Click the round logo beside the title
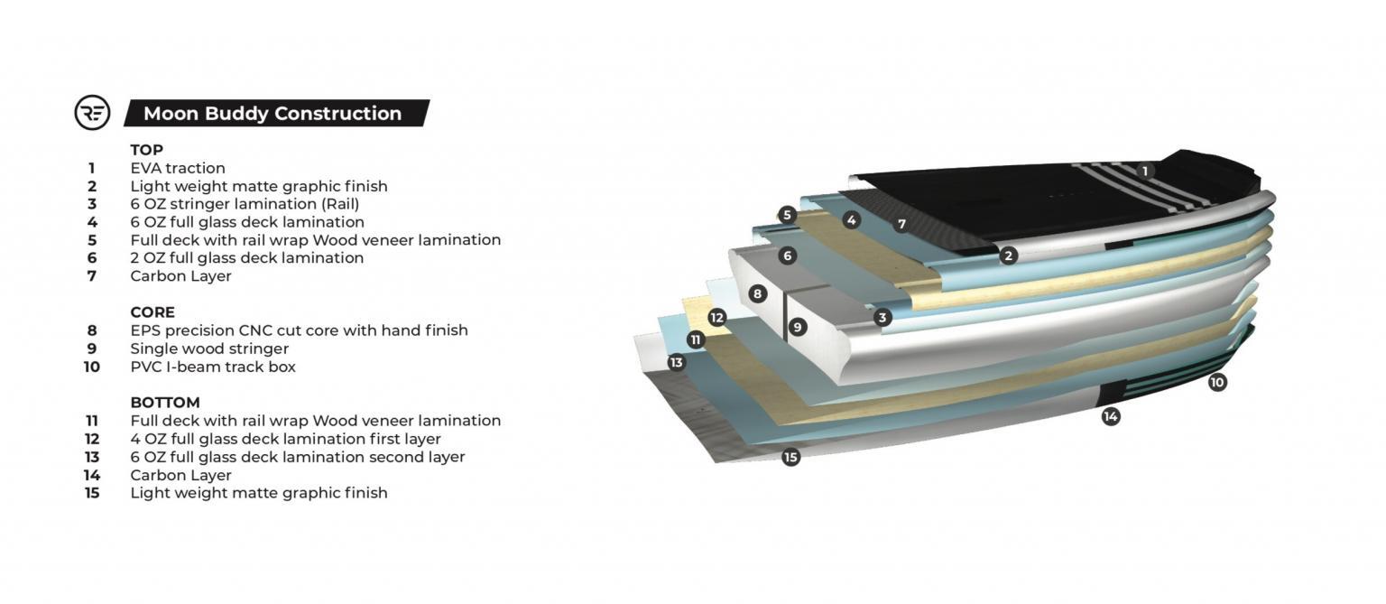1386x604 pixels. tap(92, 113)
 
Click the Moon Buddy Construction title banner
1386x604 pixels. tap(273, 113)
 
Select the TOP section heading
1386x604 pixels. tap(146, 150)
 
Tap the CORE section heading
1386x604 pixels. tap(152, 312)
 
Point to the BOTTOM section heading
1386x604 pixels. tap(165, 403)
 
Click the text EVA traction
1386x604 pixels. tap(178, 168)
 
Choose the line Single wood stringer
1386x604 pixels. tap(209, 348)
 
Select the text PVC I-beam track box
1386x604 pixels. tap(213, 367)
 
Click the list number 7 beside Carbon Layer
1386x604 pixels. tap(92, 276)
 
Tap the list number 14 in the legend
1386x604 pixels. tap(92, 475)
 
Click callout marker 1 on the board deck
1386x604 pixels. tap(1145, 171)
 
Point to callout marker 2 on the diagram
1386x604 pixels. tap(1009, 256)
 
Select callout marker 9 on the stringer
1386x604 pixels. tap(798, 327)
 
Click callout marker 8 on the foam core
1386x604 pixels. tap(757, 293)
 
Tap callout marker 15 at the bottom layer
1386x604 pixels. tap(791, 457)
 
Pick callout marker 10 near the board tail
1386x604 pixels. tap(1217, 382)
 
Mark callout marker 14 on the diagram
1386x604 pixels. tap(1111, 416)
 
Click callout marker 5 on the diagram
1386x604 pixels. tap(787, 215)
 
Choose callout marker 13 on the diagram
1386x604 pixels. tap(677, 363)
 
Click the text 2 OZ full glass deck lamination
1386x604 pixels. tap(246, 258)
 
